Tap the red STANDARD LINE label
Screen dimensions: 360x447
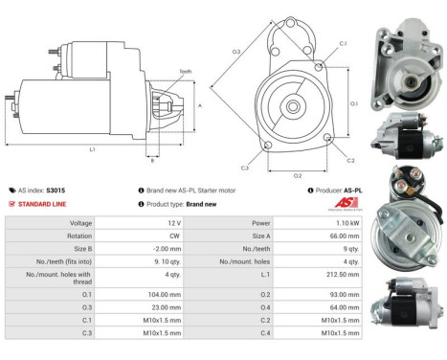(43, 204)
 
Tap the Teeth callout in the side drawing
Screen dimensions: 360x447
(185, 71)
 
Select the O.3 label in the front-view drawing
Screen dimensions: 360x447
(236, 51)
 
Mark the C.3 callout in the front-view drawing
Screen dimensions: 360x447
(245, 168)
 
